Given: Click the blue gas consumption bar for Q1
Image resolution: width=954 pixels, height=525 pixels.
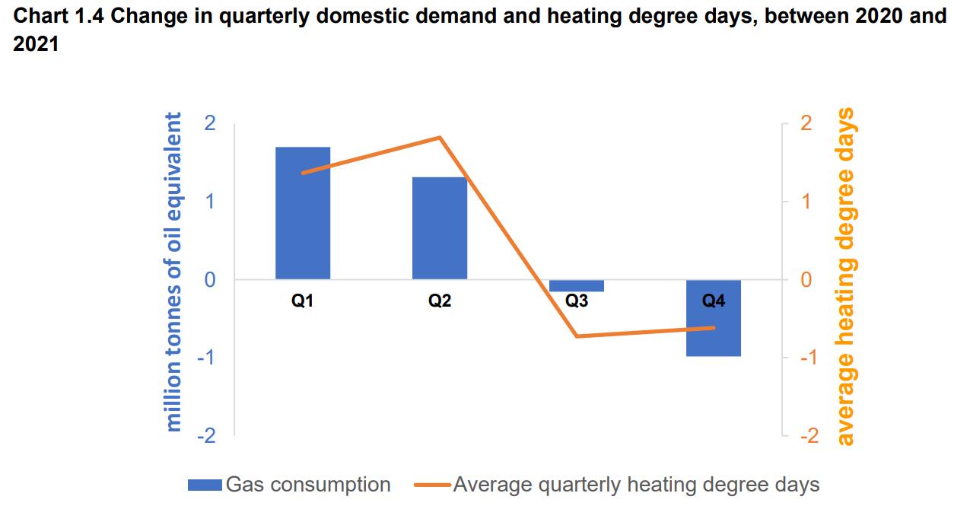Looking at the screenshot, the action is [x=303, y=213].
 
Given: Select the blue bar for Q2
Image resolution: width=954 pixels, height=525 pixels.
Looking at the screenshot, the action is [x=440, y=228].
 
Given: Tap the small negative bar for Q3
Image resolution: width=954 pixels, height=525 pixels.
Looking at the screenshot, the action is [x=577, y=285].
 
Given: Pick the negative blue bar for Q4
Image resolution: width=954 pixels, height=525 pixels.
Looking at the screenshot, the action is [x=714, y=317].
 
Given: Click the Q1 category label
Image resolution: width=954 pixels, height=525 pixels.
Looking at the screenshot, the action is [x=302, y=301].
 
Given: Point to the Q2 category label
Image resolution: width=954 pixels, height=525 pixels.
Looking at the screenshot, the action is [x=440, y=301].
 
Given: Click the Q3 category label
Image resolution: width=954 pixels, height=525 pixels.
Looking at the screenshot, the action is [x=577, y=301].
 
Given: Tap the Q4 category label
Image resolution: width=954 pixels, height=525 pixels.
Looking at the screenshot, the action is [x=714, y=301].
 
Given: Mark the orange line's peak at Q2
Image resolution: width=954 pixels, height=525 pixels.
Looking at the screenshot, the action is [x=440, y=138].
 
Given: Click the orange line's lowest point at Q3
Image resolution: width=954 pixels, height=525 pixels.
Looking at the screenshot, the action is [x=577, y=336].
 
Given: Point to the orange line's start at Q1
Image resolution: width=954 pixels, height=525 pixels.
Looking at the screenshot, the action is [x=303, y=173].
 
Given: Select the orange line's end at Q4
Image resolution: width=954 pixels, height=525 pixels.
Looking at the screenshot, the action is [x=714, y=327].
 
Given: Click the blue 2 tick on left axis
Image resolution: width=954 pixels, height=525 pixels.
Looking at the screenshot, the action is [x=210, y=123].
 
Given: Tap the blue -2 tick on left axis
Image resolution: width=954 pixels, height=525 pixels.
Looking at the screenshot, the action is [x=207, y=435].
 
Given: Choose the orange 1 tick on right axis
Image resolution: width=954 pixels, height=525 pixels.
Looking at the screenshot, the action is [x=806, y=202].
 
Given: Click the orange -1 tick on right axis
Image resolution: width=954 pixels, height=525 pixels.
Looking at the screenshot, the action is [x=809, y=358].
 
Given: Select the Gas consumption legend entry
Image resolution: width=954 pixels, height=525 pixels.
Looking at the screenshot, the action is [x=289, y=485].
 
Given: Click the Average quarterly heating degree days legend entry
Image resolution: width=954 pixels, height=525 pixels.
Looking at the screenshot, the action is [x=617, y=485].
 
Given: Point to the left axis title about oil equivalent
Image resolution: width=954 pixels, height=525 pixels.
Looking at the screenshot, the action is [x=173, y=272].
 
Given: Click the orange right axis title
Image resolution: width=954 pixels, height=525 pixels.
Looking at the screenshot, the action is [x=845, y=277].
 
